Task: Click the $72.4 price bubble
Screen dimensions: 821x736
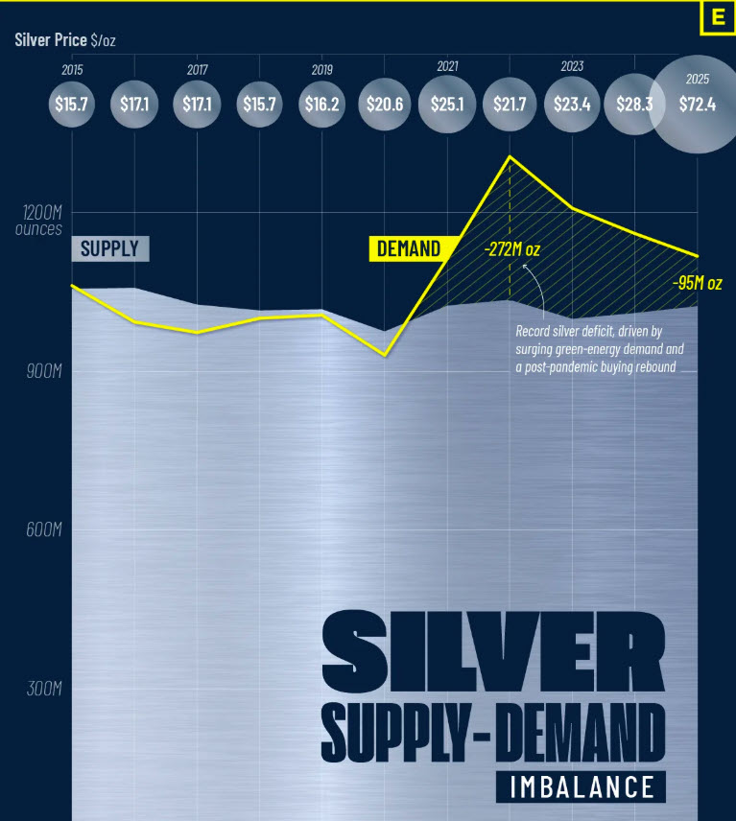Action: pos(697,105)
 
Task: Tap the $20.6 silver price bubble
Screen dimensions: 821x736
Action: pos(385,104)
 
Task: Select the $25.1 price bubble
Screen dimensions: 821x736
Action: pos(447,104)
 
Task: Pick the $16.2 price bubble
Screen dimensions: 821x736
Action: pos(322,104)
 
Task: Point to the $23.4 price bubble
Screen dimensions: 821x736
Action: pos(572,104)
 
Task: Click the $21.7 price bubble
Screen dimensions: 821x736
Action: pos(510,104)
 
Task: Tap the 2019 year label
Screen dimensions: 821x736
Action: pos(322,70)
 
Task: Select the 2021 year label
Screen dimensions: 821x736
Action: pos(447,66)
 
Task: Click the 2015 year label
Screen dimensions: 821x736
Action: pos(72,70)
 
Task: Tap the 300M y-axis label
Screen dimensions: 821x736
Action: pos(41,689)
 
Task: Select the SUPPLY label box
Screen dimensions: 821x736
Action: pos(110,249)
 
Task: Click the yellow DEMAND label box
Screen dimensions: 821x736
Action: pos(409,249)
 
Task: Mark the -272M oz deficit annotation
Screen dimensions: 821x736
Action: pos(511,250)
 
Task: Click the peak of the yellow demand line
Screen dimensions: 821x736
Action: pos(510,156)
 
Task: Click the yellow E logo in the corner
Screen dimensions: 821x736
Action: pos(716,18)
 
